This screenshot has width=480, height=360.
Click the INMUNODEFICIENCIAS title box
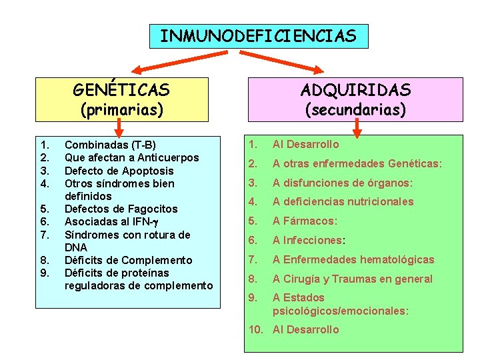pyautogui.click(x=258, y=36)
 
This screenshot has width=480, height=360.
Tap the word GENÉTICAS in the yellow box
pyautogui.click(x=121, y=89)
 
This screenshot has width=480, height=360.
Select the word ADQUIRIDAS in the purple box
pyautogui.click(x=355, y=89)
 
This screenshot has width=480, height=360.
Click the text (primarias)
pyautogui.click(x=121, y=109)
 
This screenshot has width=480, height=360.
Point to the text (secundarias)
pyautogui.click(x=355, y=109)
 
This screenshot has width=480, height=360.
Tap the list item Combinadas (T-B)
pyautogui.click(x=110, y=145)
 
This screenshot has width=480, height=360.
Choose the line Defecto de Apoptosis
pyautogui.click(x=119, y=171)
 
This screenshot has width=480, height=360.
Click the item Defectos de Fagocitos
pyautogui.click(x=121, y=209)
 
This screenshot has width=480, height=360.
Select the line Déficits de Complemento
pyautogui.click(x=128, y=261)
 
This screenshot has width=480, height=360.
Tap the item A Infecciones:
pyautogui.click(x=309, y=240)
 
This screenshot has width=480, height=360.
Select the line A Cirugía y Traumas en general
pyautogui.click(x=353, y=279)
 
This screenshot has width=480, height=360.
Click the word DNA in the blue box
pyautogui.click(x=75, y=247)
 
